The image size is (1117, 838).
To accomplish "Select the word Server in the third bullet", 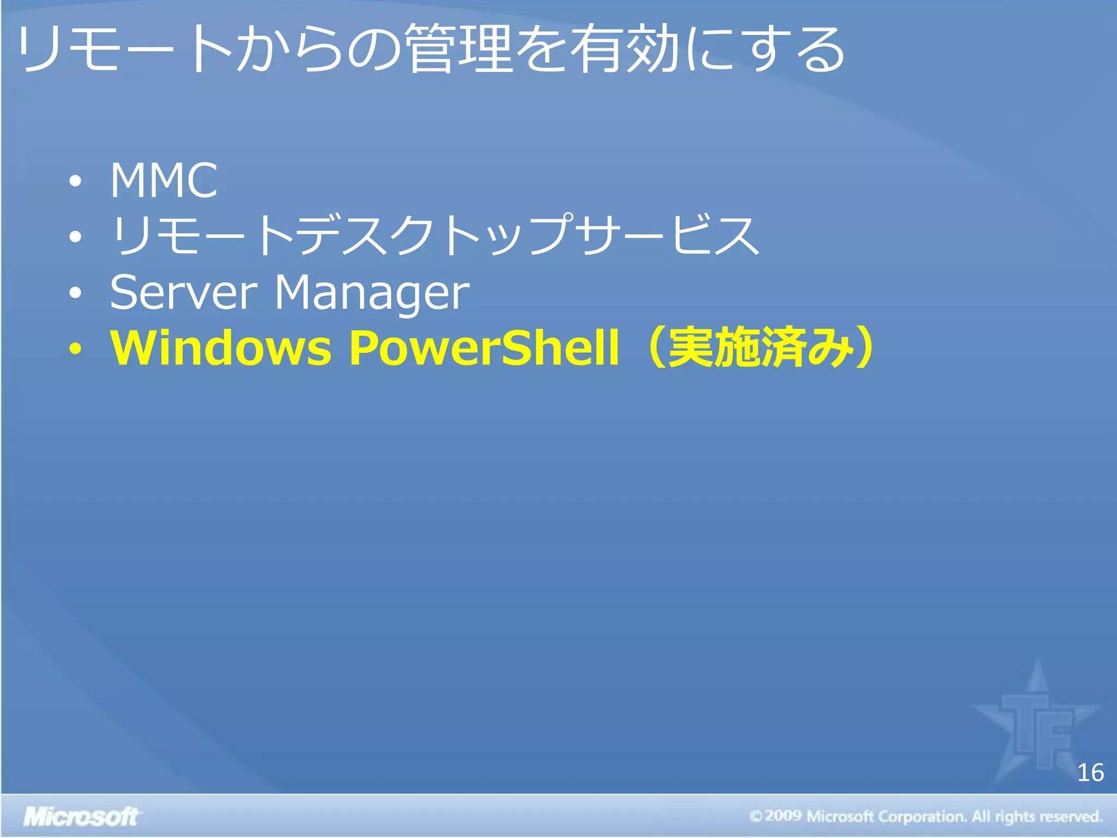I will (x=183, y=292).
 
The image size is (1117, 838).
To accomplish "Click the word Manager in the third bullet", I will (x=371, y=294).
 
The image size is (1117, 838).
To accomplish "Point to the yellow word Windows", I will (x=221, y=348).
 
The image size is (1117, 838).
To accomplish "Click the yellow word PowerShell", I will (x=484, y=348).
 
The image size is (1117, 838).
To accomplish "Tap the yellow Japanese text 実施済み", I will (x=761, y=348).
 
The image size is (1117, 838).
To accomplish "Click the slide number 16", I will (x=1090, y=773).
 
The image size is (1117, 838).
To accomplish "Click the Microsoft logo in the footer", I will (x=81, y=817).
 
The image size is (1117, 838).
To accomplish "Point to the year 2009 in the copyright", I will (x=783, y=816).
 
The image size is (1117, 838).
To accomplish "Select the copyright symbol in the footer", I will (x=755, y=817).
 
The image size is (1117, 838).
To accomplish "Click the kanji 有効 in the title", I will (x=625, y=49).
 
